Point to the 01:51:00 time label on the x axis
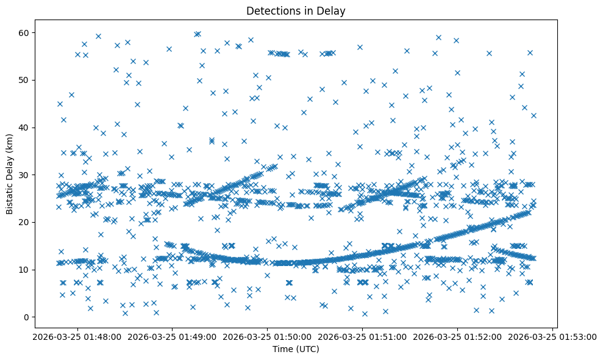pos(362,336)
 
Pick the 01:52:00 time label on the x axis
pos(457,336)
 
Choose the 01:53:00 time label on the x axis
pos(553,336)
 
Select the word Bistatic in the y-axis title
pos(10,195)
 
